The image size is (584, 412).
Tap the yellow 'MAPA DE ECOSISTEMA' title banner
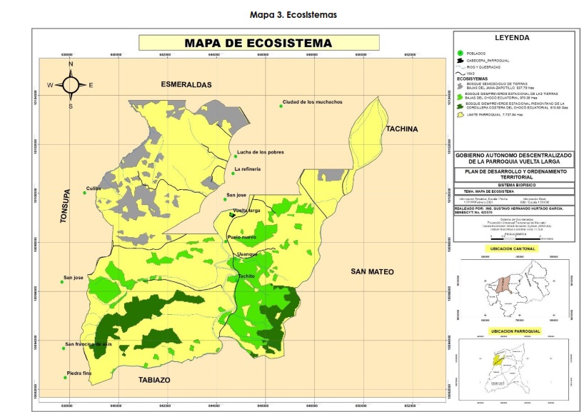tap(258, 44)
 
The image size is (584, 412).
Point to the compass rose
tap(71, 84)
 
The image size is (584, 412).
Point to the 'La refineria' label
tap(247, 169)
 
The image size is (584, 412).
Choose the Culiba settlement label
tap(94, 189)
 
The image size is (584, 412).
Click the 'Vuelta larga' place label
tap(246, 211)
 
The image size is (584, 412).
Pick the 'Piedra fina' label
tap(80, 374)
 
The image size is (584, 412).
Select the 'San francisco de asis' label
tap(89, 344)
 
